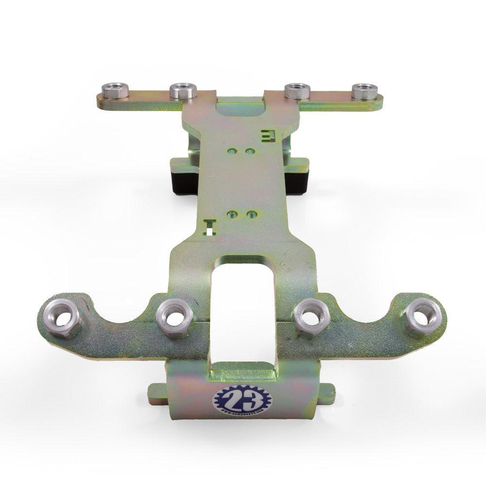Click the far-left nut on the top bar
(115, 90)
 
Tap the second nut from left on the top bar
(183, 90)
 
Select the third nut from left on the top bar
(297, 91)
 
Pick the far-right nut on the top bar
(365, 91)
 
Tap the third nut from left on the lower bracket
(312, 316)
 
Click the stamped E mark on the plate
(268, 135)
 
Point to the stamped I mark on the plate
(210, 226)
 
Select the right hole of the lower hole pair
(251, 214)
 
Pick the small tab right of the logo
(327, 392)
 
